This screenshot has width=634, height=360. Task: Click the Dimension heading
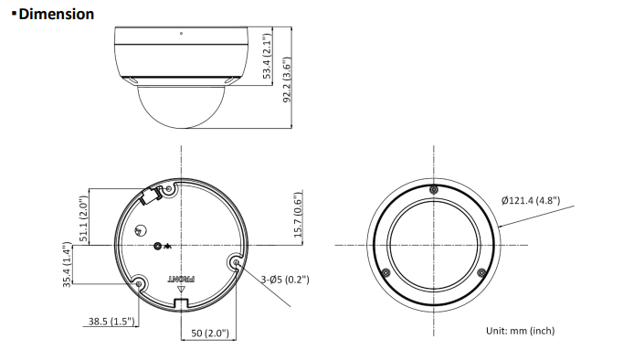[57, 14]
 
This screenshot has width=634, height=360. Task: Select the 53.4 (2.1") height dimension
[267, 56]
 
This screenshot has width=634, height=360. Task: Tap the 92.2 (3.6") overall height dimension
[287, 79]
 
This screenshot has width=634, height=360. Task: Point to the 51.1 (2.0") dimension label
[83, 218]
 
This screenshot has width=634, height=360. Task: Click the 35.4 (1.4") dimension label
[67, 265]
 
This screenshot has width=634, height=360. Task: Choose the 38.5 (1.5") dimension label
[111, 322]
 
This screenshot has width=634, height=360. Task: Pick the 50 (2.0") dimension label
[210, 334]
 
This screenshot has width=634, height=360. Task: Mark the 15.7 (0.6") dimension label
[298, 215]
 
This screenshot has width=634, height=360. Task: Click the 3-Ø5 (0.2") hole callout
[285, 280]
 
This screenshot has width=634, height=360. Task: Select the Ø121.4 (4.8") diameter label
[531, 201]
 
